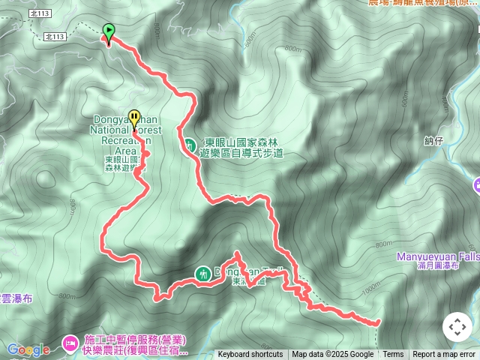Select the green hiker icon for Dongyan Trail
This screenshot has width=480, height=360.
click(202, 274)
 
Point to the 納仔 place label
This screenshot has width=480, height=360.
click(434, 140)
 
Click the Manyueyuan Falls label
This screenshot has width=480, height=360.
click(438, 256)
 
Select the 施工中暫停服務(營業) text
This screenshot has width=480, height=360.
click(125, 339)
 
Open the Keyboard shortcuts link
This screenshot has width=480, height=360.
click(250, 355)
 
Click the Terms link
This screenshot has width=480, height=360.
click(393, 355)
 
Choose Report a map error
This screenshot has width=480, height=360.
click(444, 355)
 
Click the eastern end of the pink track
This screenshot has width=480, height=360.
click(377, 322)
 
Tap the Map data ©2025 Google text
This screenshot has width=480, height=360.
click(333, 355)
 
